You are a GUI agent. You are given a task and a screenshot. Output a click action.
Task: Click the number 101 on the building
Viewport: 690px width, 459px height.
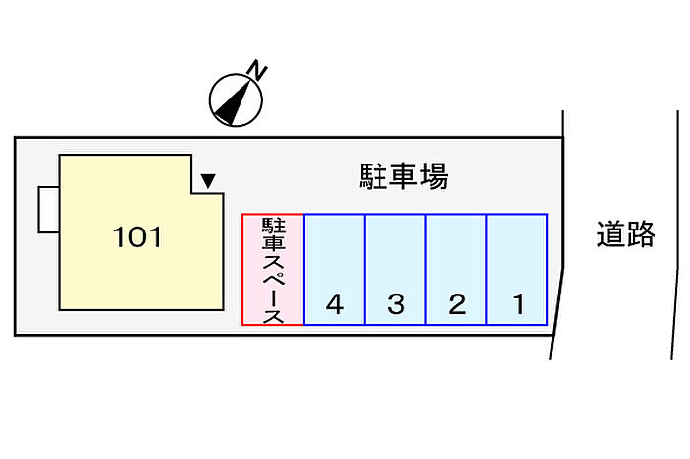[137, 237]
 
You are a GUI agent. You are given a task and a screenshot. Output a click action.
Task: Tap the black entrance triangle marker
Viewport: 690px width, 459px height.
[208, 180]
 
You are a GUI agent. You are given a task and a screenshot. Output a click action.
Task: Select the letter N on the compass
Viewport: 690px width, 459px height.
[257, 70]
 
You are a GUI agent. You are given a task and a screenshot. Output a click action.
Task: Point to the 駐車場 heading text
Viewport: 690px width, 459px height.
[403, 176]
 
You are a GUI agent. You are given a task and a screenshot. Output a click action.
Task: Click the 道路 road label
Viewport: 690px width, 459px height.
[626, 233]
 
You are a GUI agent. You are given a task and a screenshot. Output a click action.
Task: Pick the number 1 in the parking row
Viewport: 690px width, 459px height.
[518, 303]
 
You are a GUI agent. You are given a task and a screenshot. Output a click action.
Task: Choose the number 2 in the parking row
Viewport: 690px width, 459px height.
[457, 303]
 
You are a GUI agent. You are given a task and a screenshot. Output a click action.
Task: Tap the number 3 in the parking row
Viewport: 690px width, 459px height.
[396, 303]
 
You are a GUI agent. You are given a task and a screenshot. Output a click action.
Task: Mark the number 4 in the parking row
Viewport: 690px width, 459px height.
[335, 303]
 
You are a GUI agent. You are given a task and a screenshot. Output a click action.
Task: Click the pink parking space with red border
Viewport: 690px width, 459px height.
[273, 270]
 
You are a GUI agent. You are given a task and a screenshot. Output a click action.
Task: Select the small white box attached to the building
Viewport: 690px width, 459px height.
[49, 209]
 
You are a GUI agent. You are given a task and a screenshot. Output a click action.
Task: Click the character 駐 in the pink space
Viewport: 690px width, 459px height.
[274, 226]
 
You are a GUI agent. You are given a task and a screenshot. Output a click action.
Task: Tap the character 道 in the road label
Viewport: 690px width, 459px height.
[611, 233]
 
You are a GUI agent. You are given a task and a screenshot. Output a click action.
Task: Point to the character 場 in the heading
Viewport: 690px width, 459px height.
[434, 176]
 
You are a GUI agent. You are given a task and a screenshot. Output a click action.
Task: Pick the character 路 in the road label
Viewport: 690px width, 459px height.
[641, 233]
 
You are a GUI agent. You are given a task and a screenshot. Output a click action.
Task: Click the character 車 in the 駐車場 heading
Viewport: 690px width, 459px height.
[403, 176]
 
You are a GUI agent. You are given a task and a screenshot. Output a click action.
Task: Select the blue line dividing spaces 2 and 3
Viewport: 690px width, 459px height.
[426, 270]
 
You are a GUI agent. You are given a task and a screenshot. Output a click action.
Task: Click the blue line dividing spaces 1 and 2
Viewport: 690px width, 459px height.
[486, 270]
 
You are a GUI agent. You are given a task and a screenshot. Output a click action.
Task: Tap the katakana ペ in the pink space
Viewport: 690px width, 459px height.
[274, 277]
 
